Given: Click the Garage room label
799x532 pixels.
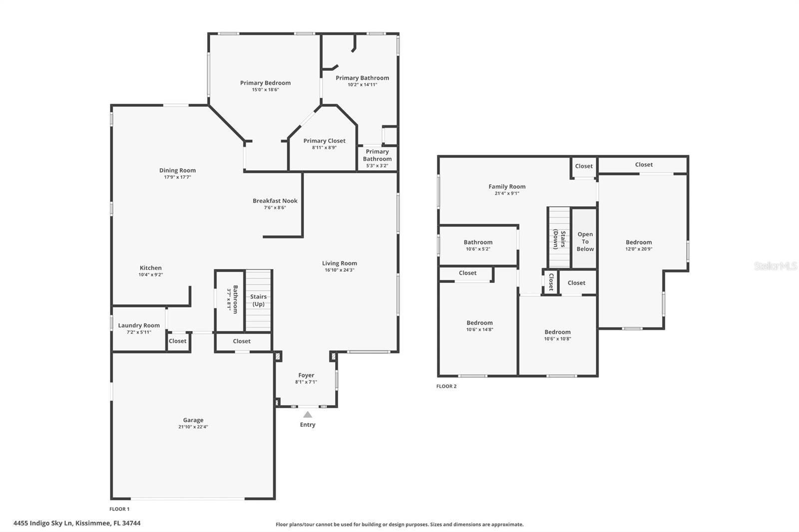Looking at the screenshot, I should point(193,420).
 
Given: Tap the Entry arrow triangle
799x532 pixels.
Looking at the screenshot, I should point(308,415).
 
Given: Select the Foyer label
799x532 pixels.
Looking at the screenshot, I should point(306,375).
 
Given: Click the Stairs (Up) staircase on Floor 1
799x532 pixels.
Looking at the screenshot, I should point(258,300).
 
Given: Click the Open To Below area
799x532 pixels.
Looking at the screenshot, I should point(585,242).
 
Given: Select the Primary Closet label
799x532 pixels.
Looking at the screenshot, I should point(324,141).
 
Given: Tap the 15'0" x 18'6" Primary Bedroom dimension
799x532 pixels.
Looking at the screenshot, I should point(265,90).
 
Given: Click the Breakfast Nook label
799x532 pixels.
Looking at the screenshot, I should point(275,201).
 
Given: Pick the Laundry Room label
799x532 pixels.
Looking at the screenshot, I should point(139,325).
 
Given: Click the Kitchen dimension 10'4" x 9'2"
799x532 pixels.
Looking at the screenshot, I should point(151,275).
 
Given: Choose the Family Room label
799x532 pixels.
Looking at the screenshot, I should point(507,187).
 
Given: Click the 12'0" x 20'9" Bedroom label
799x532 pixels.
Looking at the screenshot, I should point(639,243).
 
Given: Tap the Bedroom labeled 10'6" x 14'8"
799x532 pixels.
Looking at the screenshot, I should point(479,323).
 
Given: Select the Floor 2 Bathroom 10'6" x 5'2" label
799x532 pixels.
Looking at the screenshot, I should point(478,243).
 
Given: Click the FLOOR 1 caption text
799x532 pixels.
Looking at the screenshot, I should point(119,509).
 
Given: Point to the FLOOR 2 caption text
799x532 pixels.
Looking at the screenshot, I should point(446,386).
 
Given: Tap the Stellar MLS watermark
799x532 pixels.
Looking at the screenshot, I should point(775,266).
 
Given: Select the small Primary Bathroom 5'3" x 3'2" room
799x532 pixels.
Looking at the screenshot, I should point(377,158).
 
